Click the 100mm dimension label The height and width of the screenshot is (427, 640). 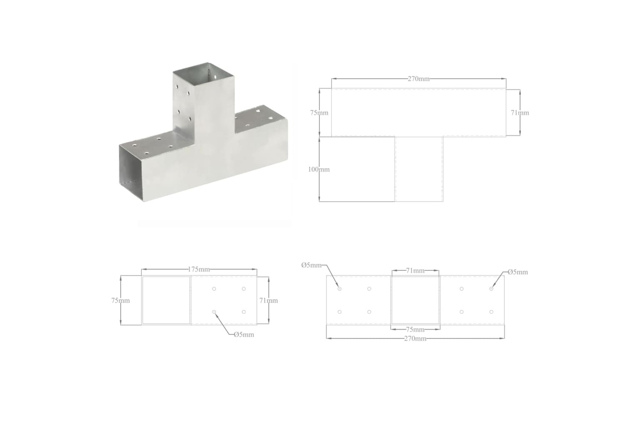[x=319, y=170]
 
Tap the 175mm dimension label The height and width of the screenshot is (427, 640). [x=199, y=269]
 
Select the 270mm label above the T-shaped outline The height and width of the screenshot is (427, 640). [x=419, y=79]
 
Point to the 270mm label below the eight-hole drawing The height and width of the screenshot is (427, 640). [x=415, y=339]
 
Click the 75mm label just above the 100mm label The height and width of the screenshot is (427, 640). [x=319, y=113]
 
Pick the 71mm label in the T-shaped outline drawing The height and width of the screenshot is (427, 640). [x=520, y=113]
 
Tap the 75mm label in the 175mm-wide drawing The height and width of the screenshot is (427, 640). [x=121, y=300]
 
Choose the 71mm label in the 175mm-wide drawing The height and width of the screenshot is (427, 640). [x=268, y=300]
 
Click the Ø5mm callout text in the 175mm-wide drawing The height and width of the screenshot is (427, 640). [x=244, y=335]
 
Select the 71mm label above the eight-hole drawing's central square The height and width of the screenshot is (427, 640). [x=415, y=271]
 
